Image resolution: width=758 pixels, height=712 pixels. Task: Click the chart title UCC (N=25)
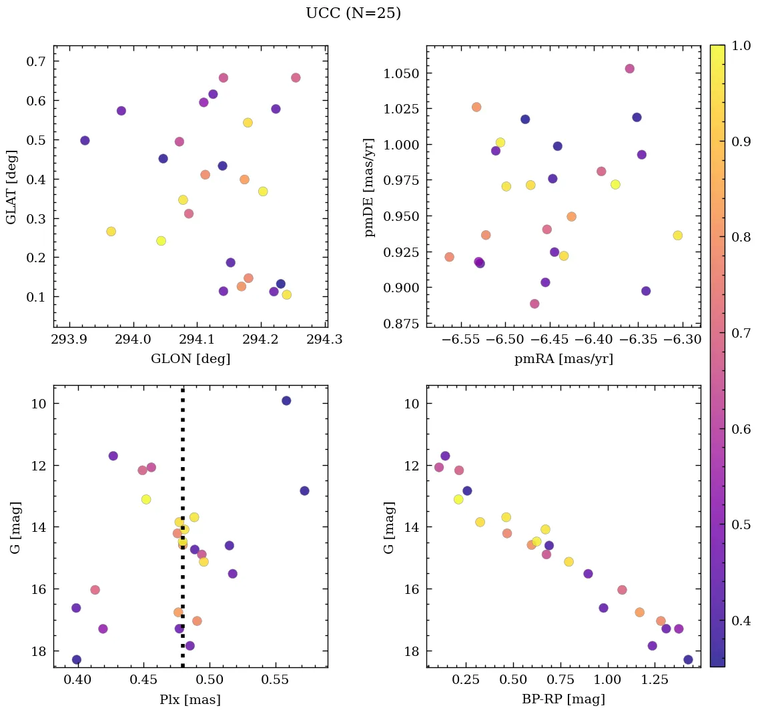tap(353, 13)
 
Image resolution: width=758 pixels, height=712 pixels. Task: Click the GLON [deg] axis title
tap(190, 359)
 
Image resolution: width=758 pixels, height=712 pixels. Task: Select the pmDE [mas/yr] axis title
tap(370, 188)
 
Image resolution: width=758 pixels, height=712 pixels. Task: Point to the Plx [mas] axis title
tap(190, 700)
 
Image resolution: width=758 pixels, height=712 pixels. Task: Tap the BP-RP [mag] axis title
tap(564, 700)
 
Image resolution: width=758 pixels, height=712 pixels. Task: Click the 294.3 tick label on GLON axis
tap(327, 339)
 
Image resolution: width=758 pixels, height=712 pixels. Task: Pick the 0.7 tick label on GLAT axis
tap(35, 61)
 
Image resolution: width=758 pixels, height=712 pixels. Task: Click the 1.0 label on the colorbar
tap(741, 45)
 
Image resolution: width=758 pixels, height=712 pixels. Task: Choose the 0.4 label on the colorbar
tap(741, 621)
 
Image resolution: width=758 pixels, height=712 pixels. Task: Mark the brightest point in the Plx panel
tap(286, 400)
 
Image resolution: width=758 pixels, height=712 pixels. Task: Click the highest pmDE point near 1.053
tap(629, 69)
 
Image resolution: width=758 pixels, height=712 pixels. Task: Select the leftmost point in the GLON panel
tap(85, 141)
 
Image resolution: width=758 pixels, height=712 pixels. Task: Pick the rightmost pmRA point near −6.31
tap(677, 236)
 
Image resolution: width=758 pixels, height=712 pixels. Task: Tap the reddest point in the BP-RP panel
tap(688, 660)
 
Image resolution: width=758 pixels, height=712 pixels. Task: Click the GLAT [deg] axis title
tap(11, 188)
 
